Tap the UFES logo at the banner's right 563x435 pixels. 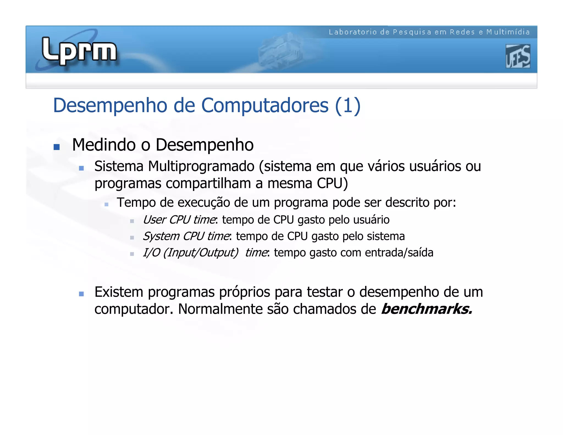click(518, 56)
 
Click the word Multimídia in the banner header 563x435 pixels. click(508, 32)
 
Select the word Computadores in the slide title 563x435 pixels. click(265, 105)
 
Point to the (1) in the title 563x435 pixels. click(348, 105)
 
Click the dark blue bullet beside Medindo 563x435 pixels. click(57, 147)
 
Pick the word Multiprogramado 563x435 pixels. click(201, 166)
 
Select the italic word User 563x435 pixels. click(154, 220)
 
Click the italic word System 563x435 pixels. click(161, 236)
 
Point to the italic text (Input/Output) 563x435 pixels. click(201, 253)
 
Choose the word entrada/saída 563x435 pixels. click(399, 253)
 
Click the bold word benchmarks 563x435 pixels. click(426, 309)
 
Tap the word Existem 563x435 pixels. click(119, 292)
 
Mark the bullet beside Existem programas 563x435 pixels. click(81, 294)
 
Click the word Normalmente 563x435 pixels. click(220, 309)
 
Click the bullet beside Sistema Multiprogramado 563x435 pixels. click(81, 168)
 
